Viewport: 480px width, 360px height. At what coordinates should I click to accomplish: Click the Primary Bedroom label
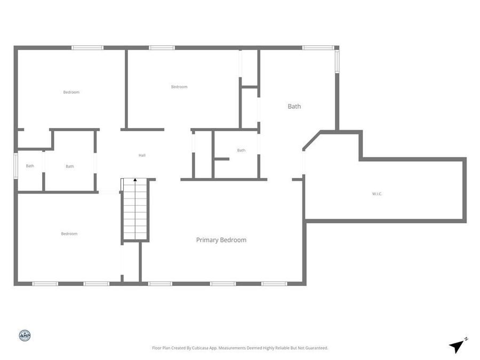point(221,240)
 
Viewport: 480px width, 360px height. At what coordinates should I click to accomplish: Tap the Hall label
point(142,155)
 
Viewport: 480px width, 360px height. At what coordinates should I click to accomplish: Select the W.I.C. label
point(377,194)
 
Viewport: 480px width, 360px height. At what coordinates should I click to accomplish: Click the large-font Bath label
point(294,106)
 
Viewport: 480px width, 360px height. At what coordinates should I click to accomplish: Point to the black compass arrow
point(455,347)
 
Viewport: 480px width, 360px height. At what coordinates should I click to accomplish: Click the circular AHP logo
point(25,335)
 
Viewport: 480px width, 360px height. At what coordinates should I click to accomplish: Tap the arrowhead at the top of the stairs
point(135,180)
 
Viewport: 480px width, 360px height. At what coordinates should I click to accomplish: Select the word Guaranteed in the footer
point(315,348)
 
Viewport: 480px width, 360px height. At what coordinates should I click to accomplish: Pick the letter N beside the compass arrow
point(466,339)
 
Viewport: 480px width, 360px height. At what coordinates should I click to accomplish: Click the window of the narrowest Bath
point(16,165)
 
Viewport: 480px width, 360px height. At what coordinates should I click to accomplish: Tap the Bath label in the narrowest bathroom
point(30,166)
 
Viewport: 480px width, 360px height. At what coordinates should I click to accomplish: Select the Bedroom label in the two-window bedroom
point(69,234)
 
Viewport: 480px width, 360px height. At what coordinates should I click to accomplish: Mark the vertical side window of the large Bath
point(337,60)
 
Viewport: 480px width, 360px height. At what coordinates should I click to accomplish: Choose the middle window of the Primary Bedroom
point(222,284)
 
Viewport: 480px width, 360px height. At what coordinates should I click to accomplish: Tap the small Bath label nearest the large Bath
point(241,150)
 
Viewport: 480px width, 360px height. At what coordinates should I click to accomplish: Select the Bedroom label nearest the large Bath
point(179,87)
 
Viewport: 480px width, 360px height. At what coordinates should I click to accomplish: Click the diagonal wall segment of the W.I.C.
point(311,141)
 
